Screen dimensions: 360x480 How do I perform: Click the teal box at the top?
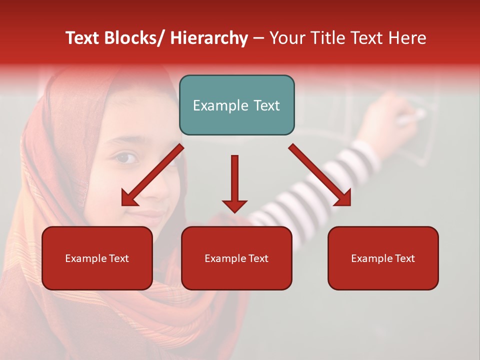(236, 105)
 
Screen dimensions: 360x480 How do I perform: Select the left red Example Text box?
(97, 258)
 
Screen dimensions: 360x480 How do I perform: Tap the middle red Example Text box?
(236, 258)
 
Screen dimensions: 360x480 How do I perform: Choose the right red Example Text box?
(383, 258)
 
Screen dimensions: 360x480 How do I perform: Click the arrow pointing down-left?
(152, 175)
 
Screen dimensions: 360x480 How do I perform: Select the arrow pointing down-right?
(320, 175)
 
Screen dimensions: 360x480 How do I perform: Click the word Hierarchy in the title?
(209, 38)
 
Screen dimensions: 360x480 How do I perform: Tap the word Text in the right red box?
(404, 258)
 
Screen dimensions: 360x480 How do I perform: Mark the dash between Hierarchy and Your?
(258, 38)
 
